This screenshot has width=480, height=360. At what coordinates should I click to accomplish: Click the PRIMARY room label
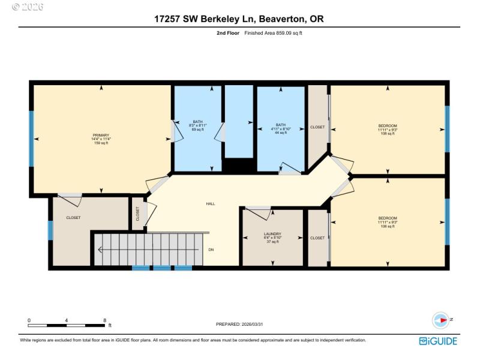pos(101,136)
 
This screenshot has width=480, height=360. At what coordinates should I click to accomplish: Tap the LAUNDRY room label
pos(272,234)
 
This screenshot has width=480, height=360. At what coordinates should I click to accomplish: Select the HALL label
pos(211,204)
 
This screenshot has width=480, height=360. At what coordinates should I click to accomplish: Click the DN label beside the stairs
pos(211,250)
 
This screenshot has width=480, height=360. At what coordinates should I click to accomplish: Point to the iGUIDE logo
pos(438,341)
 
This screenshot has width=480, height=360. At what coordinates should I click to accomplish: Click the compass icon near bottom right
pos(441,320)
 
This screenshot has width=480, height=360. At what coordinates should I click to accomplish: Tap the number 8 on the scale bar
pos(104,320)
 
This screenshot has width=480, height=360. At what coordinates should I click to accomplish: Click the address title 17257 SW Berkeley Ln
pos(239,19)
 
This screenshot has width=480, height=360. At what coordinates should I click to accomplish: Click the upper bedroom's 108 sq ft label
pos(387,133)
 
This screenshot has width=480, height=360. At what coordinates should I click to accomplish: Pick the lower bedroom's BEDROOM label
pos(387,218)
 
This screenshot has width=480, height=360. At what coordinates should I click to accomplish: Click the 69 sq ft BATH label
pos(197,130)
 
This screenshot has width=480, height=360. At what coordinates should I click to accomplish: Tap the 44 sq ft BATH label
pos(280,133)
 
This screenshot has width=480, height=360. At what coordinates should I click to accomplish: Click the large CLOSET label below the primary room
pos(73,217)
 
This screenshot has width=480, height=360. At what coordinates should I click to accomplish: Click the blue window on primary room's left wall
pos(31,138)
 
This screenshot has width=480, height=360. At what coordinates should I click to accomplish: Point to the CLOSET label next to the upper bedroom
pos(317,127)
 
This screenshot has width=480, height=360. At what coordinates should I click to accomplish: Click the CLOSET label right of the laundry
pos(317,238)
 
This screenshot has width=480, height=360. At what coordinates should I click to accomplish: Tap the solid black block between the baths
pos(238,166)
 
